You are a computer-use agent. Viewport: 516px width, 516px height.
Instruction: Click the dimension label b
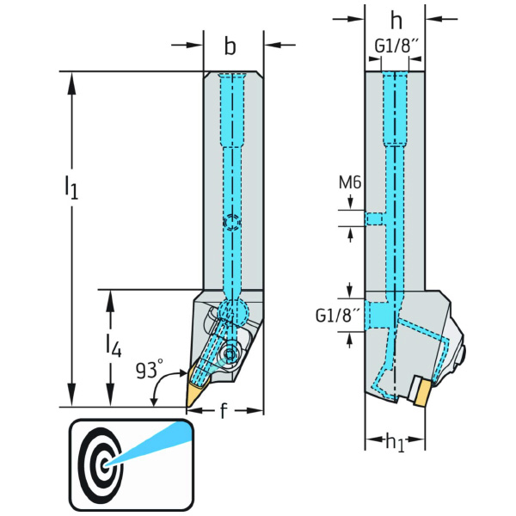[x=230, y=47]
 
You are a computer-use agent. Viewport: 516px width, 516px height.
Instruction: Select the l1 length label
[x=71, y=187]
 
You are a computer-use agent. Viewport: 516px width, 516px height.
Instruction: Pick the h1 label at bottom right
[x=395, y=442]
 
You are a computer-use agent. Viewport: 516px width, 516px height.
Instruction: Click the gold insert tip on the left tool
[x=192, y=391]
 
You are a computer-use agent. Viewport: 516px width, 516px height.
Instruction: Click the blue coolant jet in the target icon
[x=150, y=442]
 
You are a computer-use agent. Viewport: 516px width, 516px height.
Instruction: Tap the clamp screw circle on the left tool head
[x=230, y=353]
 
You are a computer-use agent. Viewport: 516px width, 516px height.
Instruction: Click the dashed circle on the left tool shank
[x=230, y=224]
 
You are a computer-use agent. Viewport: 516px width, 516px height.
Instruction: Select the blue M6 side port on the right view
[x=376, y=218]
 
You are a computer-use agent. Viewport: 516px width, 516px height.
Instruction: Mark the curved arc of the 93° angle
[x=156, y=395]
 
